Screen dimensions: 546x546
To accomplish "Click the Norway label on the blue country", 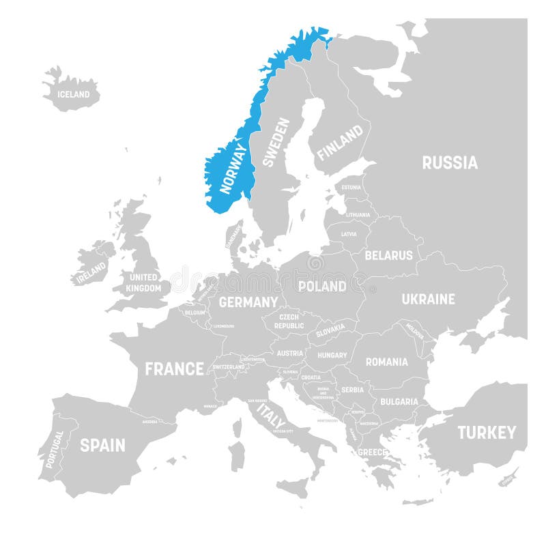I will click(x=233, y=167).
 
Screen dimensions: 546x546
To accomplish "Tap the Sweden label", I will click(x=275, y=142).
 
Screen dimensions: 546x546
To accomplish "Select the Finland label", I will click(x=339, y=142).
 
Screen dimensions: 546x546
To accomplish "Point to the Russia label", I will click(x=449, y=162).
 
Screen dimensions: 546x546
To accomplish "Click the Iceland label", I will click(x=73, y=94).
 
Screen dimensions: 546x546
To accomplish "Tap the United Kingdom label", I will click(x=143, y=283).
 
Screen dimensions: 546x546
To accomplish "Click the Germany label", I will click(x=248, y=302).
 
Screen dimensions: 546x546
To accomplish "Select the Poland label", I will click(x=323, y=286).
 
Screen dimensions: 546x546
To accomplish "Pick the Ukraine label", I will click(x=428, y=299).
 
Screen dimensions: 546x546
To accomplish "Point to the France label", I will click(x=174, y=369).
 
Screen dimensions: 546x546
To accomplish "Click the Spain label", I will click(x=102, y=445).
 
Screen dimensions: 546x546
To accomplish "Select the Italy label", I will click(x=270, y=415).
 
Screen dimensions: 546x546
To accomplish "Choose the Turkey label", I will click(x=487, y=432).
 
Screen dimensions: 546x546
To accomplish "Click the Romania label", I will click(x=386, y=362).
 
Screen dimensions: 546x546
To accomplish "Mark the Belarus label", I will click(x=388, y=255).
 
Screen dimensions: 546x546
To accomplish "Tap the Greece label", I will click(x=373, y=452).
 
